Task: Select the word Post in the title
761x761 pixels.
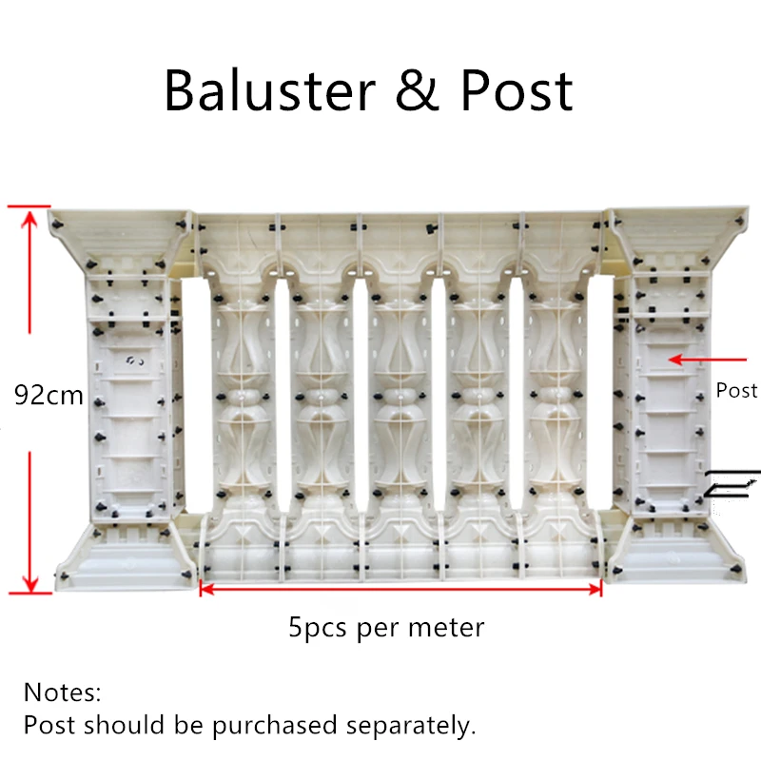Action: (x=517, y=91)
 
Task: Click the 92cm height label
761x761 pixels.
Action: (x=49, y=394)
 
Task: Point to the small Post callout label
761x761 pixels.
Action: (x=736, y=391)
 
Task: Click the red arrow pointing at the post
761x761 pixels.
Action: (x=708, y=360)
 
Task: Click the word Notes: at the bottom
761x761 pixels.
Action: (x=62, y=692)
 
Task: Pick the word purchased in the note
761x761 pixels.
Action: (x=267, y=726)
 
